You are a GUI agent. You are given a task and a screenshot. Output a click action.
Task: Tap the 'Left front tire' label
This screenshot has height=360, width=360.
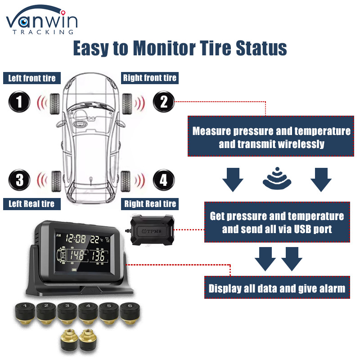point(32,78)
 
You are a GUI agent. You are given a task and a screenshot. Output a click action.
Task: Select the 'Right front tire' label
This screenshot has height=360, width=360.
point(150,78)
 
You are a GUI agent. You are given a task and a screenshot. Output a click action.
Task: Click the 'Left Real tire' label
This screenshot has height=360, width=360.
point(32,204)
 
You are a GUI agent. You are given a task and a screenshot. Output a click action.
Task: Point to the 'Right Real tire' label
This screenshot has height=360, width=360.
point(150,204)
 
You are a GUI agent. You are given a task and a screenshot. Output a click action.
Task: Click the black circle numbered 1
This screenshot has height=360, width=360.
point(19,102)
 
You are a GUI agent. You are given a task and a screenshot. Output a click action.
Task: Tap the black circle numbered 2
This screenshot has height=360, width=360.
point(164,102)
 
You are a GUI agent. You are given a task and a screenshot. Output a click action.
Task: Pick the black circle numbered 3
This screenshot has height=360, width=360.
point(19,180)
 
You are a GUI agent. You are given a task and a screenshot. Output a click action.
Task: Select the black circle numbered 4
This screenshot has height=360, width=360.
point(164,180)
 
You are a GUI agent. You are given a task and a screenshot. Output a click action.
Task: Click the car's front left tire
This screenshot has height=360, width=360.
point(54,104)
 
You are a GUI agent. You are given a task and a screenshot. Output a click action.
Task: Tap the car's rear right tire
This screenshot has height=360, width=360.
point(126,181)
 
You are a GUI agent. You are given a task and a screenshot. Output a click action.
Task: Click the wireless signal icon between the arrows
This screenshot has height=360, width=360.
point(277,178)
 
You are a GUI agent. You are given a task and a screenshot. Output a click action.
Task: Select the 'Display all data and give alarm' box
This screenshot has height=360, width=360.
point(277,288)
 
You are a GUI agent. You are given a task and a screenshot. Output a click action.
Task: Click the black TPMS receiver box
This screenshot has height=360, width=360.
point(152,230)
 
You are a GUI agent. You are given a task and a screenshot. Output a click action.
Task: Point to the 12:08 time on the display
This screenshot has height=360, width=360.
point(76,239)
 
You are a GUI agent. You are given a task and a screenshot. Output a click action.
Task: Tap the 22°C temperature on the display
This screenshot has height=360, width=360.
point(96,239)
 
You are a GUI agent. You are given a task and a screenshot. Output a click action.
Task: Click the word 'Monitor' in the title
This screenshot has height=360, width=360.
point(164,48)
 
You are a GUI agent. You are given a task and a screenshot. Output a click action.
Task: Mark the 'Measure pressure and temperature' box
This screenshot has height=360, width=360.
point(271,136)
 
